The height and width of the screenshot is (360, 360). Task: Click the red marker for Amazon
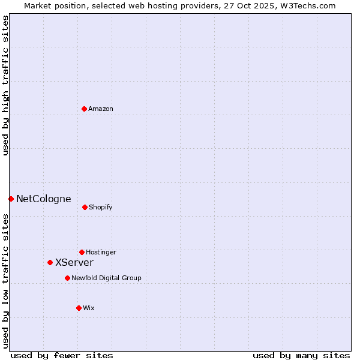pyautogui.click(x=84, y=109)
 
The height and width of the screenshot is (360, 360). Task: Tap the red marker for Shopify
pyautogui.click(x=85, y=207)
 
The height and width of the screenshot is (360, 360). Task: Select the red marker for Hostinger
pyautogui.click(x=82, y=252)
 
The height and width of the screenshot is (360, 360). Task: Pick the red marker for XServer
pyautogui.click(x=50, y=262)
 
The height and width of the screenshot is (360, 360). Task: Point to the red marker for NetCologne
pyautogui.click(x=11, y=199)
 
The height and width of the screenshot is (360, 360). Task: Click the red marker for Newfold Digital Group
pyautogui.click(x=67, y=278)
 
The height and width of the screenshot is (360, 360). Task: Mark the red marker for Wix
pyautogui.click(x=79, y=308)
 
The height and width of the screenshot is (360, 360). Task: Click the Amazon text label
pyautogui.click(x=101, y=109)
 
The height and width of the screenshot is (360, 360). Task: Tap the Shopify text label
pyautogui.click(x=101, y=208)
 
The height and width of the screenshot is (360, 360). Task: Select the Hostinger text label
pyautogui.click(x=101, y=253)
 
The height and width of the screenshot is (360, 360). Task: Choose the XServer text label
pyautogui.click(x=74, y=263)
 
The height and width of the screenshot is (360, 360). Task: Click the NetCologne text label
pyautogui.click(x=44, y=199)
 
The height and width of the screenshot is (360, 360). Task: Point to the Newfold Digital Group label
pyautogui.click(x=106, y=278)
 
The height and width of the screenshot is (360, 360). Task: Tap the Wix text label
pyautogui.click(x=89, y=308)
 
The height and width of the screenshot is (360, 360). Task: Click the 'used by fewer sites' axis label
pyautogui.click(x=62, y=356)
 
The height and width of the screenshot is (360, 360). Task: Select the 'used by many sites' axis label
pyautogui.click(x=301, y=356)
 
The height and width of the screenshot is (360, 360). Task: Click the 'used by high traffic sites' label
pyautogui.click(x=6, y=85)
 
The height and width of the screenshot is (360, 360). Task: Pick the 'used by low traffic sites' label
pyautogui.click(x=6, y=280)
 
